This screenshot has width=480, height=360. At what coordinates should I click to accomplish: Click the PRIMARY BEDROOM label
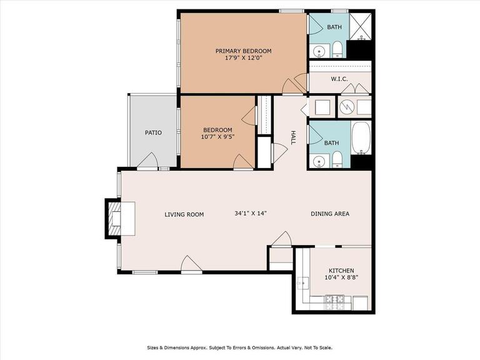tap(243, 51)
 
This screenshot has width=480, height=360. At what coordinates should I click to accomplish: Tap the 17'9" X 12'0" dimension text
tap(244, 58)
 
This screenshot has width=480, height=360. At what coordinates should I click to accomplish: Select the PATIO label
tap(153, 133)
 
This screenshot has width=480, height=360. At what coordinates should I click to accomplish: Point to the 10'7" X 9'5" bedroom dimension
tap(217, 137)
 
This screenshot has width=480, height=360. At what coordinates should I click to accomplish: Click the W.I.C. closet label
tap(339, 79)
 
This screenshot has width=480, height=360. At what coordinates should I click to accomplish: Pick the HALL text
tap(293, 137)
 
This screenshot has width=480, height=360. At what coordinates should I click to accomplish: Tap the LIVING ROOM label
tap(184, 214)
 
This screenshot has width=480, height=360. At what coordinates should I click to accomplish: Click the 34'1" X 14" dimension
tap(251, 213)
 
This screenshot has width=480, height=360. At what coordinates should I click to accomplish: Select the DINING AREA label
tap(330, 214)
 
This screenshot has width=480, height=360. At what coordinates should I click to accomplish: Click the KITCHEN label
tap(341, 271)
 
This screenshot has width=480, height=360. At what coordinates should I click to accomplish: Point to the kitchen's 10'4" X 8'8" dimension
tap(341, 277)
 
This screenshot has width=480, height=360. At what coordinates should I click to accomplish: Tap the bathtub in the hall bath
tap(361, 138)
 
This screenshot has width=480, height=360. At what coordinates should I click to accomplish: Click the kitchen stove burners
tap(334, 302)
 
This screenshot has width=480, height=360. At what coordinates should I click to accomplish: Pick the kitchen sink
tap(302, 284)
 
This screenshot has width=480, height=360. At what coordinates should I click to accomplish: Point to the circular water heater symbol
tap(347, 106)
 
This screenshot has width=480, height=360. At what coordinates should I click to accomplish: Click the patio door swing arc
tap(148, 159)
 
